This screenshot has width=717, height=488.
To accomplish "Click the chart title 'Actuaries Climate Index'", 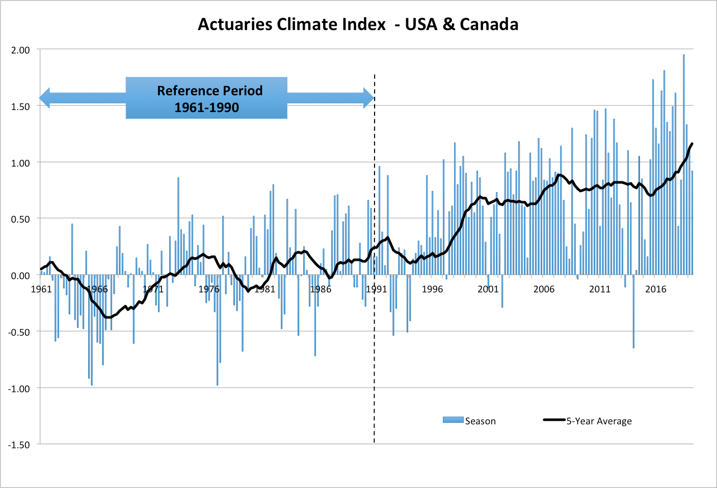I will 291,24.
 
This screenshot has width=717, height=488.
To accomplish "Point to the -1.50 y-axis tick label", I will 19,445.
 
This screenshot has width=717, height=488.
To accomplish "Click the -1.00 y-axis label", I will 19,388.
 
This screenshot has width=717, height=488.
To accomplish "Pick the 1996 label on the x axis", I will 432,289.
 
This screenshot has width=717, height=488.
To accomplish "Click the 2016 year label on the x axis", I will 655,289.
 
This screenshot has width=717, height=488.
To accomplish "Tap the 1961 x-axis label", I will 41,289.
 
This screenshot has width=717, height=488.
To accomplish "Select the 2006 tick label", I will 544,289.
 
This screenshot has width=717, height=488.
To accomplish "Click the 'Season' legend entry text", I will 480,421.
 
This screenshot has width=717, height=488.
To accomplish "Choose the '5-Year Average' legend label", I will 599,421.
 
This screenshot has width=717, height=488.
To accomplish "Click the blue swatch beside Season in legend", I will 453,420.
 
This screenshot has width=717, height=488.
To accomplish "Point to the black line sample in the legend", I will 554,420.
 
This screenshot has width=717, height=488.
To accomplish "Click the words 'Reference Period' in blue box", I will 209,91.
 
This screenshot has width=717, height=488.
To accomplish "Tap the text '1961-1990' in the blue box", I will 206,107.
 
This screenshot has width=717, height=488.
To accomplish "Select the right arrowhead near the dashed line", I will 368,98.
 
